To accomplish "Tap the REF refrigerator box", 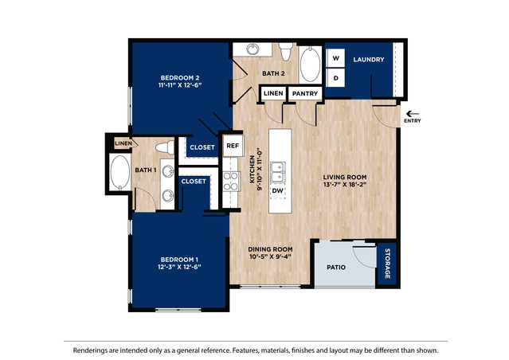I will tap(233, 146).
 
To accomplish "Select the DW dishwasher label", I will tap(278, 190).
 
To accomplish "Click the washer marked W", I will tap(335, 59).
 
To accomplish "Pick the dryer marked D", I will tap(335, 77).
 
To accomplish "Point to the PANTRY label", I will tap(305, 94).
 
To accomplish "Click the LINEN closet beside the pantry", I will tap(273, 94).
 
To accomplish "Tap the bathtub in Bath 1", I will tap(119, 170).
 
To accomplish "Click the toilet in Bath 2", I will tap(286, 51).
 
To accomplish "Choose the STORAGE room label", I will tap(387, 263).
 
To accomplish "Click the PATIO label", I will tap(337, 267).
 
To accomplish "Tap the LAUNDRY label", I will tap(369, 60).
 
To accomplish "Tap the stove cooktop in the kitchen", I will tap(231, 181).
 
